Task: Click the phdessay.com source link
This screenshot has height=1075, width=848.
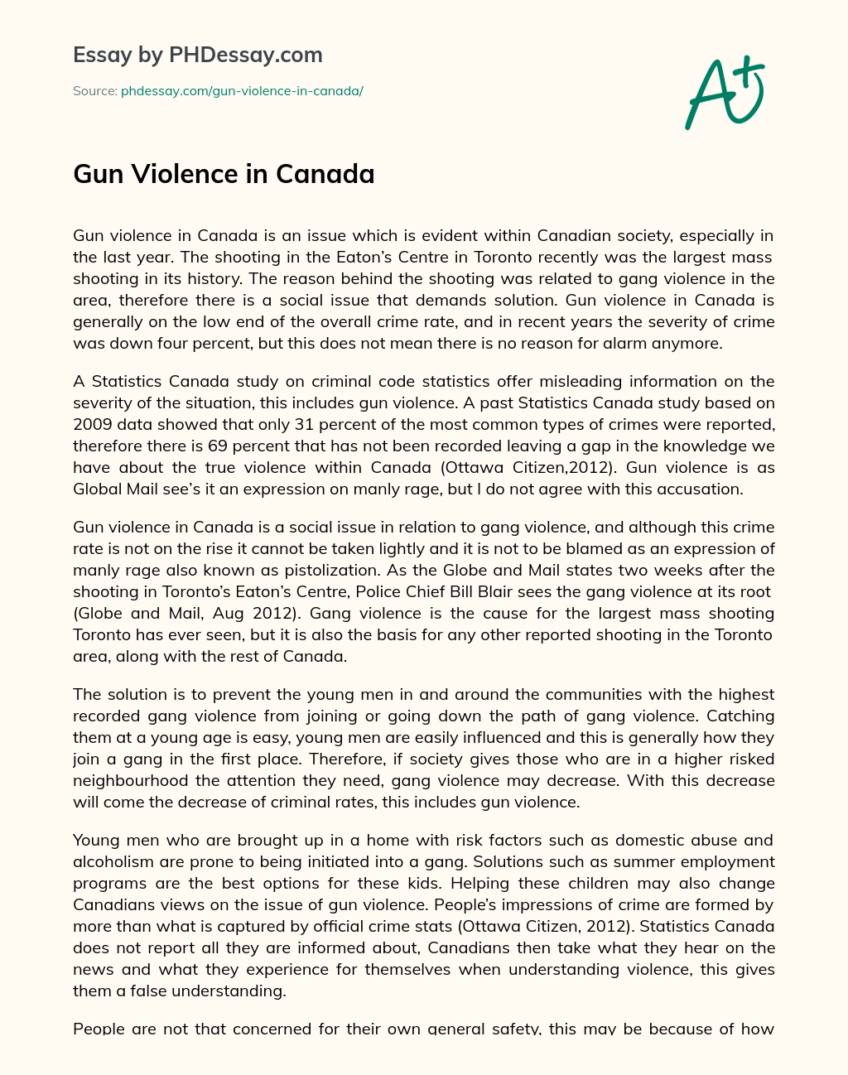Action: point(242,91)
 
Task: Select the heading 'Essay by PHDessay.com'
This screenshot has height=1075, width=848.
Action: point(198,55)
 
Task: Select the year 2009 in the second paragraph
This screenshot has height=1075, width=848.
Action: point(91,424)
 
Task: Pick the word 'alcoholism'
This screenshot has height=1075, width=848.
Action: point(113,861)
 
